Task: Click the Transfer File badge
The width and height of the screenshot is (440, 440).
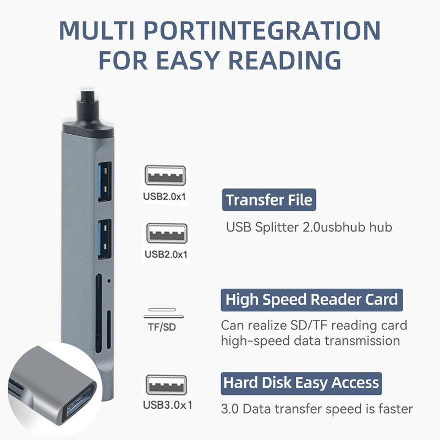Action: click(269, 200)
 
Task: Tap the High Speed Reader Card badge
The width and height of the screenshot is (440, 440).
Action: click(311, 300)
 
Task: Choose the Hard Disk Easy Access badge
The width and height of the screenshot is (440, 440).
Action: click(302, 382)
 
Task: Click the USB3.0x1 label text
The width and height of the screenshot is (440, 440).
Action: click(167, 406)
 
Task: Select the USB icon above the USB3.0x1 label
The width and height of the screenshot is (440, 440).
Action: click(166, 385)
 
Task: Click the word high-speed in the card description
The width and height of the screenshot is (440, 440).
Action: click(248, 341)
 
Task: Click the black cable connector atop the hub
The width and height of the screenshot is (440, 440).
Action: click(87, 118)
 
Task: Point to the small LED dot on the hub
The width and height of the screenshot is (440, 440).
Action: click(109, 281)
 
